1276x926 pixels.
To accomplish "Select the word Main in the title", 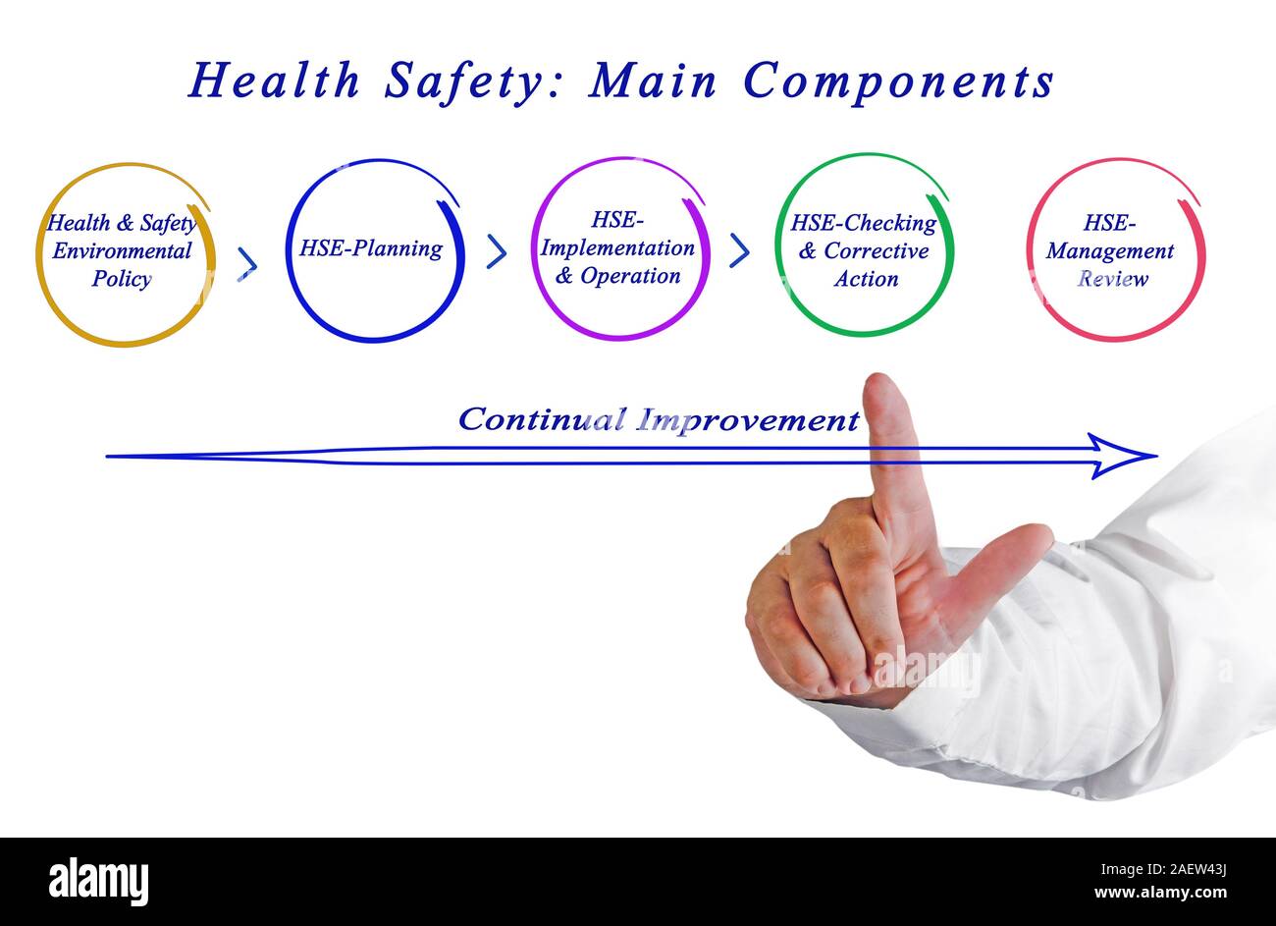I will click(653, 81).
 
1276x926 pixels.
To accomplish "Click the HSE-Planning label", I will click(371, 248).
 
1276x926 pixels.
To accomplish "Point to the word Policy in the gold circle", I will click(122, 279).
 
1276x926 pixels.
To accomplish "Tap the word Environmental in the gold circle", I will click(122, 250).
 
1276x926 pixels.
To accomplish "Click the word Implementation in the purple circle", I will click(617, 248).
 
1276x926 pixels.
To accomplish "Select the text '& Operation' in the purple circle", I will click(617, 276).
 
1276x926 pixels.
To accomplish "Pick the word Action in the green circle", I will click(866, 279).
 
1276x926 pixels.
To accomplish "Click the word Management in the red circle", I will click(1110, 251).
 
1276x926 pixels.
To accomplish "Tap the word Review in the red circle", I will click(1112, 279).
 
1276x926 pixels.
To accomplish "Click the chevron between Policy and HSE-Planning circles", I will click(247, 263).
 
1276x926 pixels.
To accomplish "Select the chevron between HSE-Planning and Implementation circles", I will click(497, 251).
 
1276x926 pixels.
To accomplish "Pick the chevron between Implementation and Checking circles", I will click(740, 250).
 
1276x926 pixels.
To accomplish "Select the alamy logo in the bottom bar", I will click(98, 881).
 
